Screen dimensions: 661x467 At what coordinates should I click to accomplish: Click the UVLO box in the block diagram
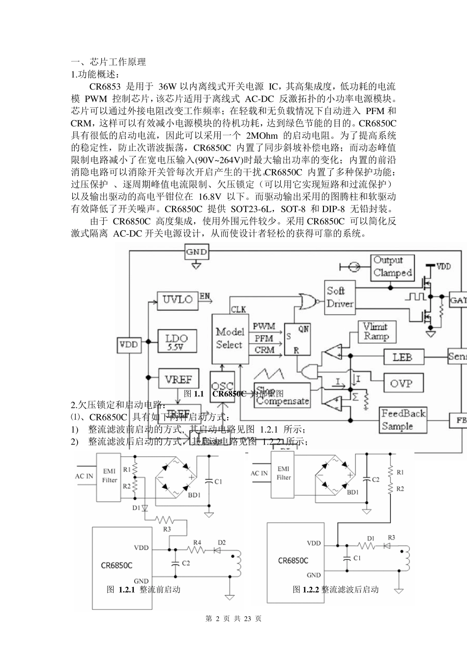click(x=177, y=300)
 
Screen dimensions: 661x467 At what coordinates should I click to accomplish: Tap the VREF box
click(x=178, y=380)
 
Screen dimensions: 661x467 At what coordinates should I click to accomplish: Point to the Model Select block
click(x=229, y=338)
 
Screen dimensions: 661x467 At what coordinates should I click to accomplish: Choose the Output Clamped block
click(x=392, y=267)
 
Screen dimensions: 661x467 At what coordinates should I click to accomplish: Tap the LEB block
click(x=402, y=357)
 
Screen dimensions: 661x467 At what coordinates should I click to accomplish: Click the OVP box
click(x=401, y=383)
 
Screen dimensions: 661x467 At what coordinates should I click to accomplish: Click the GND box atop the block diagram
click(x=196, y=252)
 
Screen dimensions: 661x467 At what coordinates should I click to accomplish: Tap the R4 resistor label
click(x=197, y=542)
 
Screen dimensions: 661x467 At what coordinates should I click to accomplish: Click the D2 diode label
click(x=222, y=542)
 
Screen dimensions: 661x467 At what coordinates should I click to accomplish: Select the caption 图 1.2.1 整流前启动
click(x=144, y=589)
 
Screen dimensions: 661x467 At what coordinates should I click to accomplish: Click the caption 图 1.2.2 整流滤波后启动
click(x=336, y=589)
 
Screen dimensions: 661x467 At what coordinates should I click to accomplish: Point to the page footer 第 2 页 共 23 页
click(x=233, y=619)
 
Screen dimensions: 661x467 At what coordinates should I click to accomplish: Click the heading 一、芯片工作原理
click(x=109, y=62)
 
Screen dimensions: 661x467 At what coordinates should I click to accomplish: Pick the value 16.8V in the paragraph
click(x=204, y=197)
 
